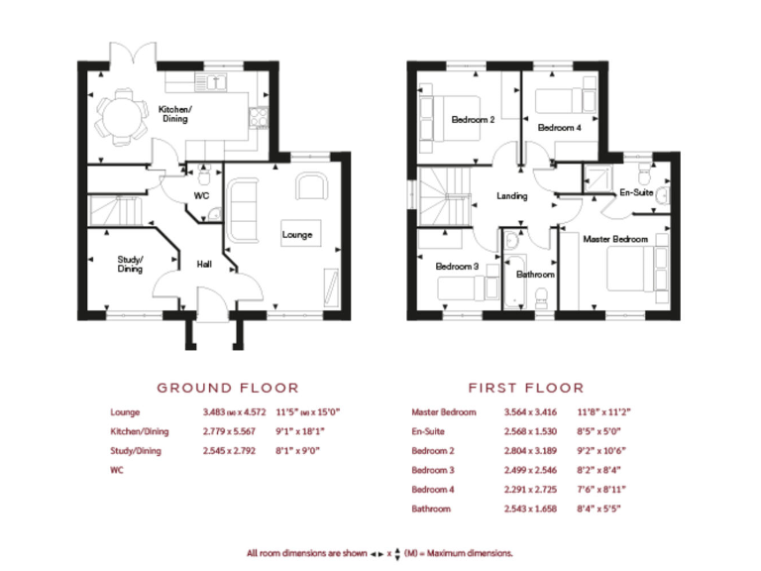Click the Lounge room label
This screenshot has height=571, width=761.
[297, 235]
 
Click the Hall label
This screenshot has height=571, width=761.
[204, 265]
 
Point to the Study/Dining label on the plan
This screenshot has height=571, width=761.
[130, 264]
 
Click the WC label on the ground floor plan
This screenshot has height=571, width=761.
[201, 196]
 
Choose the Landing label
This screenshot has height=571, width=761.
[511, 196]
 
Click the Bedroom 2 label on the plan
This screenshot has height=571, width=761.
[473, 120]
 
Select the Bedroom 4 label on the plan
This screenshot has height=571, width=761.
[559, 128]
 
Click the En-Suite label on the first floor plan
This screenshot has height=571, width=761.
[635, 192]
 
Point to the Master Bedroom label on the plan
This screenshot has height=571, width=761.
[614, 239]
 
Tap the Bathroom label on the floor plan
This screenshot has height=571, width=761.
[535, 274]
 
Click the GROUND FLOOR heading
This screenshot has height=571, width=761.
[228, 388]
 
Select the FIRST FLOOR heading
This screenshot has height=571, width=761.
[526, 388]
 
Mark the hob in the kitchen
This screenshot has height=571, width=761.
[261, 117]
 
